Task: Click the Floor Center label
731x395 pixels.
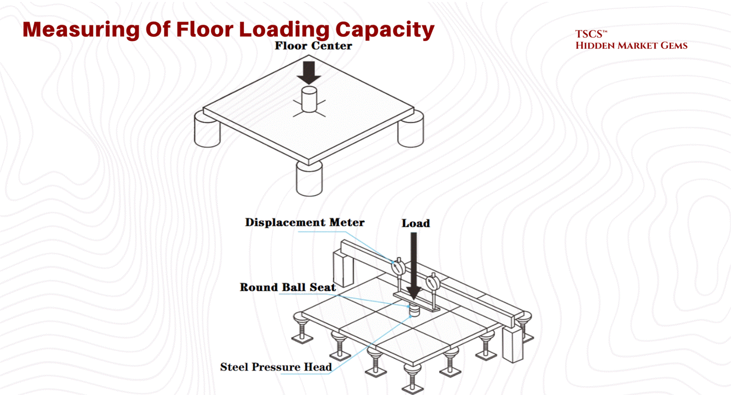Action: pos(313,46)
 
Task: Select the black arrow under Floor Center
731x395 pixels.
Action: pos(309,72)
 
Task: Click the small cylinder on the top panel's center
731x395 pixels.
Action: pos(310,99)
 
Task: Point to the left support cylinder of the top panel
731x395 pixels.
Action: pos(207,130)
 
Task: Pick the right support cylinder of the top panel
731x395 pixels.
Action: pos(411,130)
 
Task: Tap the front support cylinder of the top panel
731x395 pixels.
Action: pos(309,179)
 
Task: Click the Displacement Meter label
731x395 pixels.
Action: pos(304,223)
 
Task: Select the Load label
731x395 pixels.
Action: pos(415,224)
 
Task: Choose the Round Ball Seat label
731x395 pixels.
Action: pos(287,287)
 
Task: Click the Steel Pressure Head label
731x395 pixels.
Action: pos(276,367)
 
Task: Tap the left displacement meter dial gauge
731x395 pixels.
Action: pos(397,267)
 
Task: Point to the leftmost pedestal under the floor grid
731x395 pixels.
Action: pos(301,328)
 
